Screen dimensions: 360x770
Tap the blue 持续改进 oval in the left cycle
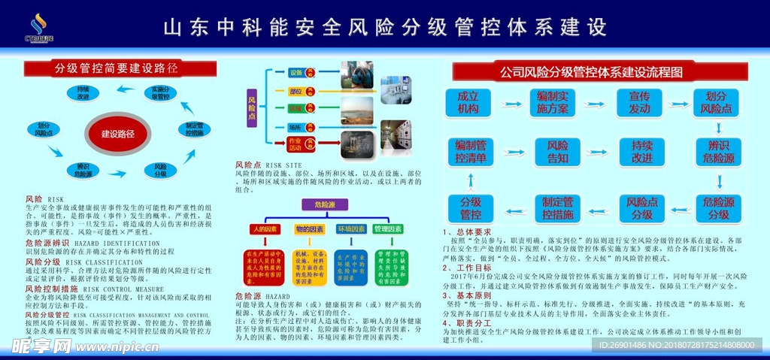(83, 93)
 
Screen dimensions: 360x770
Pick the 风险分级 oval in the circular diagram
(160, 170)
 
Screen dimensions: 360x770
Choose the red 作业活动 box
(296, 141)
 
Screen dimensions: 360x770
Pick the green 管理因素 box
(388, 228)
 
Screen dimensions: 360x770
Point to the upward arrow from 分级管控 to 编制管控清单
(471, 179)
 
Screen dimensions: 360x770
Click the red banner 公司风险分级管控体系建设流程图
(592, 72)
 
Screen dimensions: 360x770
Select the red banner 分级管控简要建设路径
(116, 69)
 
